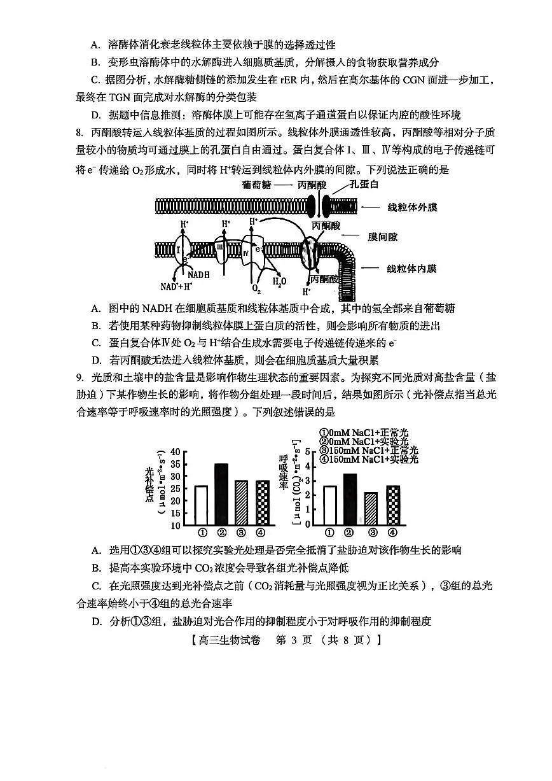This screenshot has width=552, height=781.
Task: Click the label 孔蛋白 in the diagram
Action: click(364, 185)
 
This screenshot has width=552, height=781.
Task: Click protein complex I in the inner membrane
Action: click(179, 249)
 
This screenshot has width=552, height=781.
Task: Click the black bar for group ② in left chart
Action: click(221, 494)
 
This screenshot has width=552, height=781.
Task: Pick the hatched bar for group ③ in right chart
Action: click(371, 509)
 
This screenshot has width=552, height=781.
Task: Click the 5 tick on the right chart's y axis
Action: click(308, 451)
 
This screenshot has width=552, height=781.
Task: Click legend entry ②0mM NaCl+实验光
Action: click(364, 441)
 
